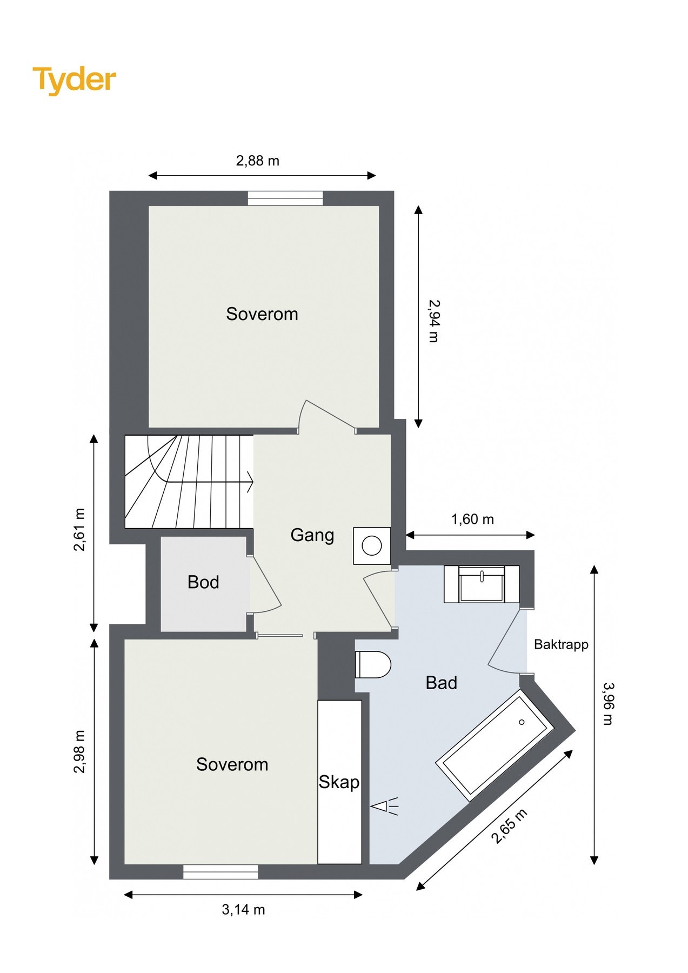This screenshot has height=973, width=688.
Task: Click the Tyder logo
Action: tap(74, 80)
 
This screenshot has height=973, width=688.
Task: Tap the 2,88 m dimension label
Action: tap(257, 161)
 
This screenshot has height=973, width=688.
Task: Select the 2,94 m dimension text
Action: tap(433, 321)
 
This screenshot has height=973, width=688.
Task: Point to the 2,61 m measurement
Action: tap(79, 529)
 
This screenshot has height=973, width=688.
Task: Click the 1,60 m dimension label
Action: tap(472, 519)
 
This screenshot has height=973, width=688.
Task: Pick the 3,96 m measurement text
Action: tap(607, 703)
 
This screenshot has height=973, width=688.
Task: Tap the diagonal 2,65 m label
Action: tap(509, 826)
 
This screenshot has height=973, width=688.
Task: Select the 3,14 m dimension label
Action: tap(243, 910)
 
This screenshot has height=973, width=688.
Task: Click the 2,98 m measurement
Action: tap(79, 751)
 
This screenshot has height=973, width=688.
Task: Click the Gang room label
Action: tap(312, 535)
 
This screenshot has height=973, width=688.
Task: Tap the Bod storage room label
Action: tap(203, 582)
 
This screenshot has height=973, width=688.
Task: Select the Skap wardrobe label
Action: tap(339, 782)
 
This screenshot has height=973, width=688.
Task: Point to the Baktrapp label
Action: tap(561, 644)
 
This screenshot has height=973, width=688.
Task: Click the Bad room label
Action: tap(441, 683)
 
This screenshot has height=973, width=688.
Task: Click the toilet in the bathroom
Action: tap(372, 664)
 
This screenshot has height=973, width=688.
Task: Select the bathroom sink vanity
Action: tap(482, 584)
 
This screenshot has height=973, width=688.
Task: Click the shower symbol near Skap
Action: tap(384, 807)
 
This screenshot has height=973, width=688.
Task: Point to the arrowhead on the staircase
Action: tap(250, 481)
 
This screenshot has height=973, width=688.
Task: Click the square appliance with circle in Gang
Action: tap(372, 545)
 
